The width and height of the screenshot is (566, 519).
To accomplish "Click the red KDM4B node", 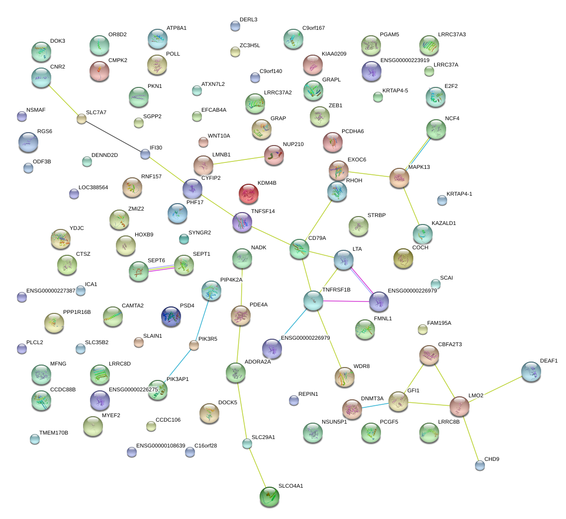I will click(x=249, y=194).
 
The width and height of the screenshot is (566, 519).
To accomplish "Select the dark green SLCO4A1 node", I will click(x=270, y=496).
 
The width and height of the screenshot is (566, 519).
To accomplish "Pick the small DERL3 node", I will click(x=235, y=26).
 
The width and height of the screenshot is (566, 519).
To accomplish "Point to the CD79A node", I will click(x=299, y=249).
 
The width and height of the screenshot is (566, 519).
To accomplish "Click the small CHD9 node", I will click(x=479, y=465).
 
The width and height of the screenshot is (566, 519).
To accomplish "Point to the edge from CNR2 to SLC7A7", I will click(x=61, y=97).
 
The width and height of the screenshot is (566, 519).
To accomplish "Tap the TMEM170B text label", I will click(x=54, y=433).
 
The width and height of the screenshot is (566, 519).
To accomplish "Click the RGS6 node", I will click(x=28, y=142).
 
